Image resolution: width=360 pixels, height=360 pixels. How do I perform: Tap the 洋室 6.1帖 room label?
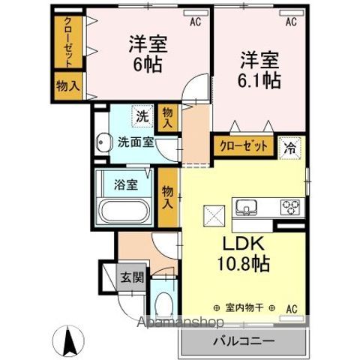[x=260, y=68]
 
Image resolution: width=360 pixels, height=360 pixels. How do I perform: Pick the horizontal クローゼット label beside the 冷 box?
[x=242, y=146]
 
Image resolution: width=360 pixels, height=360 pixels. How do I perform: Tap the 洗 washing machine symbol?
[x=141, y=116]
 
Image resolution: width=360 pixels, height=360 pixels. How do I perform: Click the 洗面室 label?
[x=136, y=142]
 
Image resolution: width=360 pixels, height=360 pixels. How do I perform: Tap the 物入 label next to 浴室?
[x=168, y=196]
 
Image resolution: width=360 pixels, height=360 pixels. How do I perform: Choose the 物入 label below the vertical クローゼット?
[x=68, y=85]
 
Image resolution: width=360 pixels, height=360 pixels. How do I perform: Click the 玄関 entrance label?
[x=131, y=277]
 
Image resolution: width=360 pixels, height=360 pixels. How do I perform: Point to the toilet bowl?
[x=165, y=306]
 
